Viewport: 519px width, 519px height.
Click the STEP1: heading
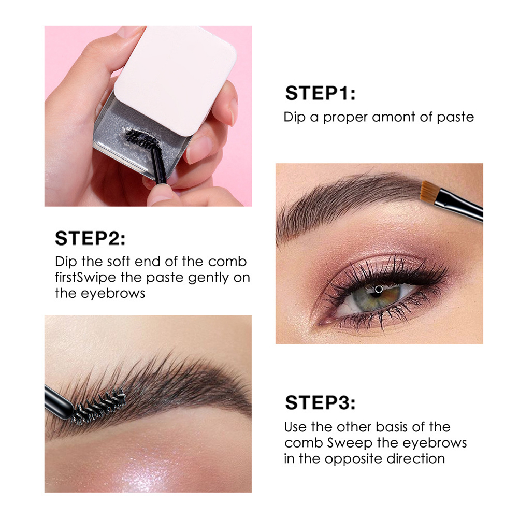tap(320, 93)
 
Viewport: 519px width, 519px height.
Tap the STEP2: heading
tap(90, 238)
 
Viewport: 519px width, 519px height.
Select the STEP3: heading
tap(320, 403)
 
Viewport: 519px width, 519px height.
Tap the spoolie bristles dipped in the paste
tap(142, 139)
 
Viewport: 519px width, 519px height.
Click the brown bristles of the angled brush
tap(429, 192)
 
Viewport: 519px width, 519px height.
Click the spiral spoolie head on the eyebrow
tap(98, 406)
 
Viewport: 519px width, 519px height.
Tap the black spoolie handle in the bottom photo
tap(58, 402)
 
